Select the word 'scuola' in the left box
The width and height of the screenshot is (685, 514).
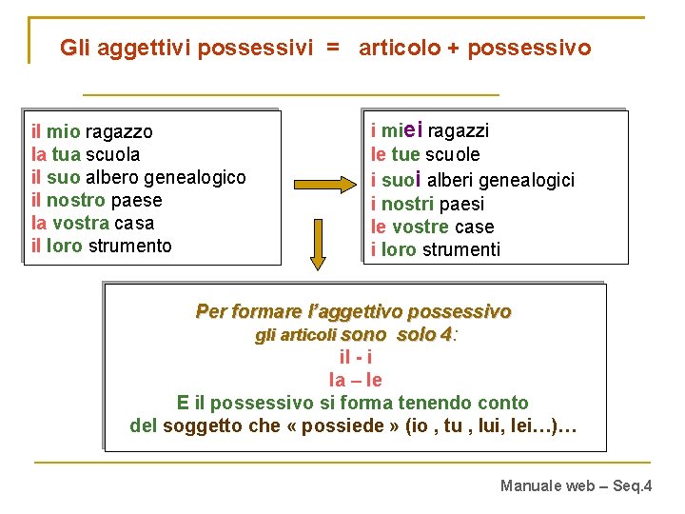(112, 154)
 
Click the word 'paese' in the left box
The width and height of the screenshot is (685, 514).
(136, 200)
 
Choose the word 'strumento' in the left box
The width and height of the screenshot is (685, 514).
(129, 246)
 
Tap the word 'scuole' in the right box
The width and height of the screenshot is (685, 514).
(452, 154)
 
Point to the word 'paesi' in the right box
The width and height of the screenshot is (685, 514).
(461, 204)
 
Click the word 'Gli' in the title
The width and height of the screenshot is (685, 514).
(75, 47)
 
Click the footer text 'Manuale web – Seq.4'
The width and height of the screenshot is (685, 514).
(576, 486)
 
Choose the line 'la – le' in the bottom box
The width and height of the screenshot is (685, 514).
(355, 380)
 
